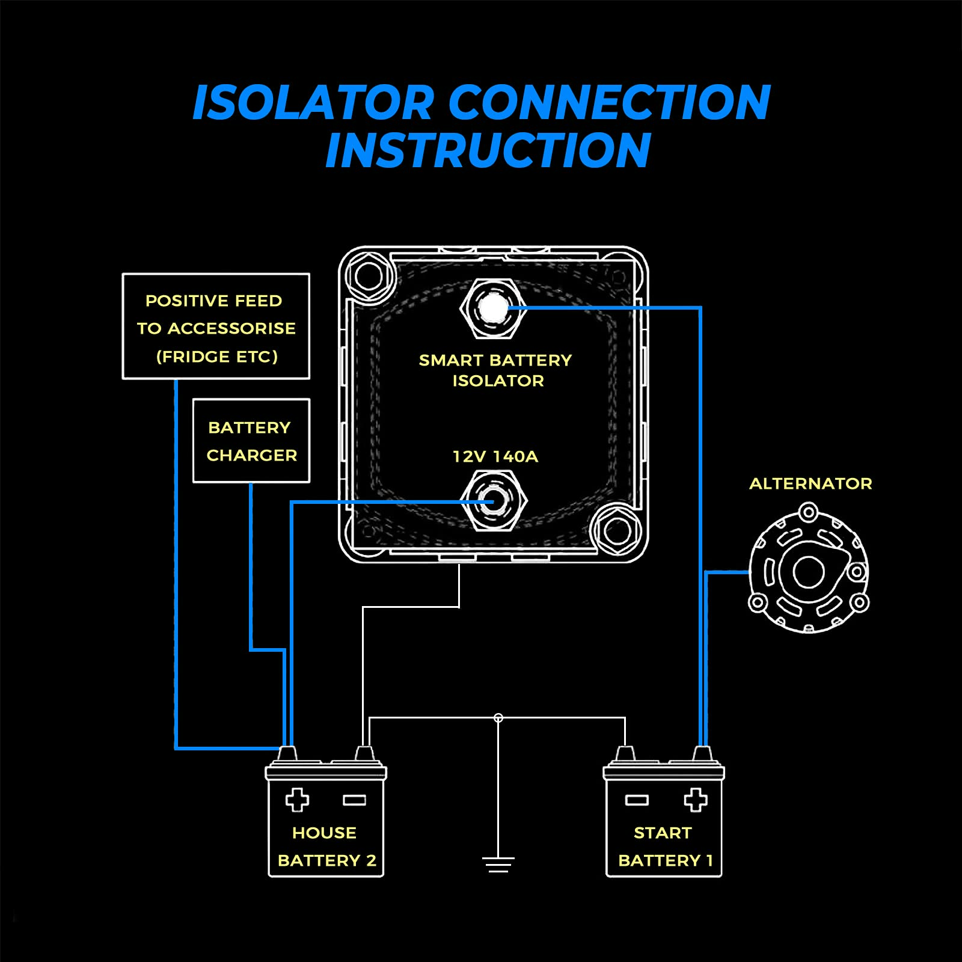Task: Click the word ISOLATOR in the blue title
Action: point(313,102)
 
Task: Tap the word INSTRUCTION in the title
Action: point(488,150)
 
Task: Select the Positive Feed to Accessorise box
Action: point(216,326)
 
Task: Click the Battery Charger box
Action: point(251,441)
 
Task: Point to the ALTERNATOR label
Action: point(810,483)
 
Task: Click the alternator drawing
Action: point(809,571)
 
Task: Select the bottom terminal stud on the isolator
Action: point(494,501)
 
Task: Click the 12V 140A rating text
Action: point(495,456)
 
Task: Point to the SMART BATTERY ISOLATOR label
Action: point(495,370)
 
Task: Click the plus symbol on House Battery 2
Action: point(297,800)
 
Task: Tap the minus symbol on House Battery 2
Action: point(354,800)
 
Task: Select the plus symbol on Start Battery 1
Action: point(695,800)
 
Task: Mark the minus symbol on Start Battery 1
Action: point(637,800)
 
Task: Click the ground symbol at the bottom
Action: point(498,865)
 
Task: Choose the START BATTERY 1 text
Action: point(664,847)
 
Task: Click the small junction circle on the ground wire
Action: point(498,718)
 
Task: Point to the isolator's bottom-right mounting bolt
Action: point(617,531)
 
